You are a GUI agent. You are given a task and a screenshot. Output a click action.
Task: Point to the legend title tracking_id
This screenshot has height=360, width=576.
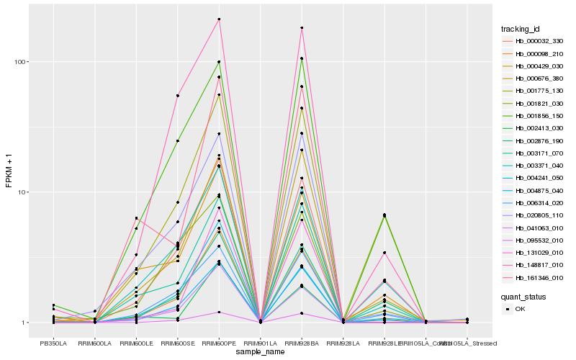point(521,29)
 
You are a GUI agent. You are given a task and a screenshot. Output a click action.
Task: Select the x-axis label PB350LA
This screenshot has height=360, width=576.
point(53,343)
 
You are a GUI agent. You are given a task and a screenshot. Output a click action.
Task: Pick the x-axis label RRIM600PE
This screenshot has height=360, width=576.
point(219,343)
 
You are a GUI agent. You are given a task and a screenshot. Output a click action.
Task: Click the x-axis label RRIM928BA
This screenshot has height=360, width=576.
point(302,343)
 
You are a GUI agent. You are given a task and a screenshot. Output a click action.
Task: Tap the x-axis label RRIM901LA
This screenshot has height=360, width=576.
point(260,343)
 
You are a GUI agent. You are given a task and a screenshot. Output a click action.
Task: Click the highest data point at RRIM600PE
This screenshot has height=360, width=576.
point(219,19)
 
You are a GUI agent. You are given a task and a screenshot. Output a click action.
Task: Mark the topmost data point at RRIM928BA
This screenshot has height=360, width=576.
point(302,28)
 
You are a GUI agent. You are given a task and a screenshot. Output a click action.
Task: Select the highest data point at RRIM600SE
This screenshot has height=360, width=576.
point(177,96)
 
